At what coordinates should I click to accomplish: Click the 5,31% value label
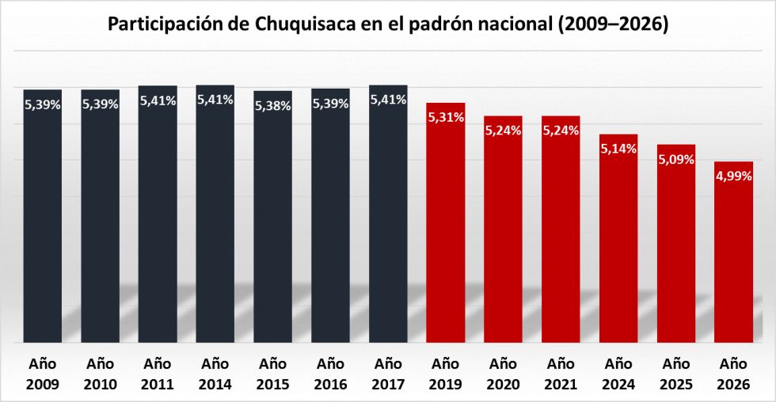(x=446, y=117)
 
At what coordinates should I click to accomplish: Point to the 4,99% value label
(x=732, y=176)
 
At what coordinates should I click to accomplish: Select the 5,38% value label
(x=273, y=105)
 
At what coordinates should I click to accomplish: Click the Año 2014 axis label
(x=215, y=374)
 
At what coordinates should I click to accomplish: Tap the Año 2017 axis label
(x=388, y=374)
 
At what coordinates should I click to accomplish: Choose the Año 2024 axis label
(x=618, y=374)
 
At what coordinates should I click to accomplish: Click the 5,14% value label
(x=618, y=149)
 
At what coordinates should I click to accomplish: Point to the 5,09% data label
(x=675, y=159)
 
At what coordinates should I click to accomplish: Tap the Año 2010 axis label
(x=100, y=374)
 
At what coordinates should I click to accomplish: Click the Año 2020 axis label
(x=504, y=374)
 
